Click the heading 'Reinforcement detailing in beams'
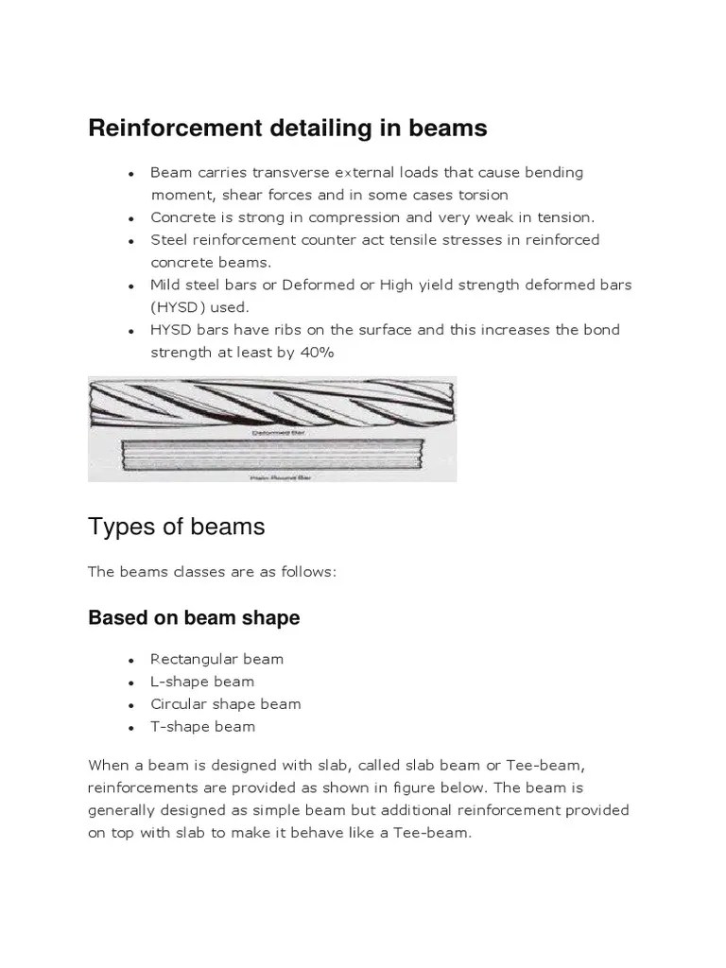coord(287,128)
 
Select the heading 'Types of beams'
coord(176,527)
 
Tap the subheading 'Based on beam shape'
coord(194,617)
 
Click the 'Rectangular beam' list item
coord(216,659)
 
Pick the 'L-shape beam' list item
coord(202,682)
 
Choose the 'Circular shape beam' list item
coord(225,704)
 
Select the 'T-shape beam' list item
coord(202,727)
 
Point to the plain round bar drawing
coord(271,458)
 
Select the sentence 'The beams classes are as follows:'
coord(212,572)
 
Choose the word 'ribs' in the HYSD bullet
coord(274,330)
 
